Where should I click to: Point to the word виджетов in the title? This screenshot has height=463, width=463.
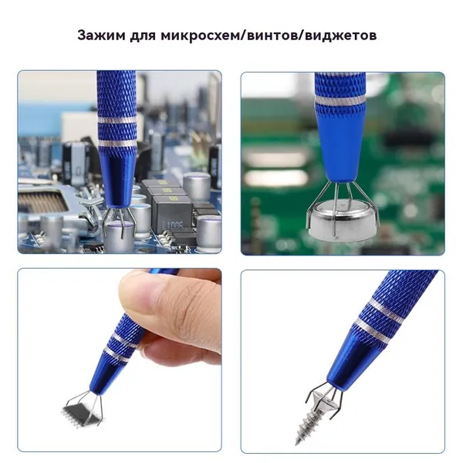pyautogui.click(x=341, y=35)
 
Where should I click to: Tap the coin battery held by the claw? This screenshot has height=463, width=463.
pyautogui.click(x=343, y=218)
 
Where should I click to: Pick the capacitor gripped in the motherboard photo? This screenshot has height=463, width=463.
pyautogui.click(x=117, y=237)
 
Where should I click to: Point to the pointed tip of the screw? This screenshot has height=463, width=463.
pyautogui.click(x=297, y=444)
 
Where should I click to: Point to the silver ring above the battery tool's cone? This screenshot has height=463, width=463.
pyautogui.click(x=340, y=100)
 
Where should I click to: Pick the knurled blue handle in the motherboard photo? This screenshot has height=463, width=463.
pyautogui.click(x=117, y=110)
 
